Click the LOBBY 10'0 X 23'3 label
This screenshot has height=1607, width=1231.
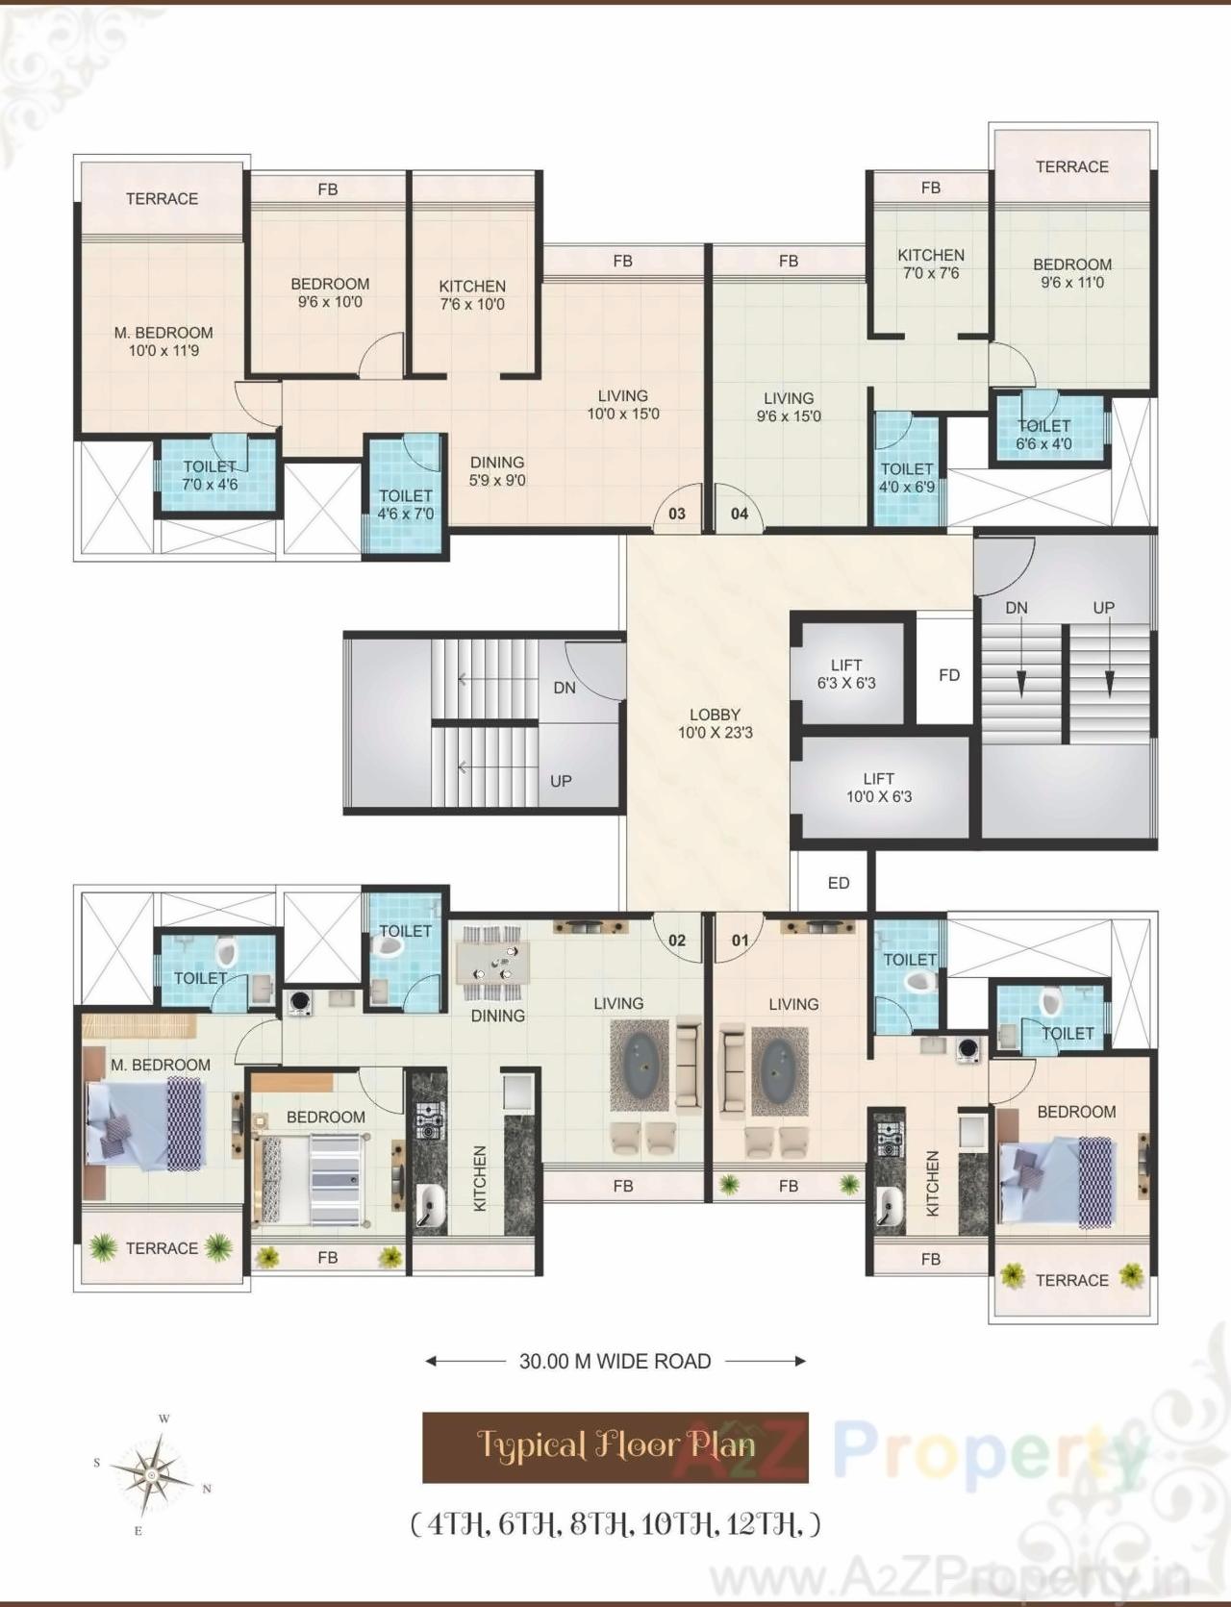click(715, 723)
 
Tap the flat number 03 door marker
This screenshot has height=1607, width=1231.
click(677, 514)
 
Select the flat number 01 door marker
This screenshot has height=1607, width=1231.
click(740, 940)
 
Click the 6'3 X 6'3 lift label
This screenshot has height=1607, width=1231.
click(846, 674)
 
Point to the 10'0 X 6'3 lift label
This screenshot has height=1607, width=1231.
click(879, 788)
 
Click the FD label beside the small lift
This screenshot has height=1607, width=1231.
click(949, 675)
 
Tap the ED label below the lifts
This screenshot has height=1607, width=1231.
click(839, 883)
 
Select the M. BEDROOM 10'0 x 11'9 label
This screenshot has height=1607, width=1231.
click(163, 341)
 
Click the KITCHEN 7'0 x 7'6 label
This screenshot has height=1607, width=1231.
click(931, 264)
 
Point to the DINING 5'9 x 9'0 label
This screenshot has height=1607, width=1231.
click(497, 471)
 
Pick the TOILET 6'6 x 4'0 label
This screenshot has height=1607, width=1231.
click(1044, 435)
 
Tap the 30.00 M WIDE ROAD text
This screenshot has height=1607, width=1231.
click(615, 1361)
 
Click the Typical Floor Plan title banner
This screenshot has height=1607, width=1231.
click(615, 1446)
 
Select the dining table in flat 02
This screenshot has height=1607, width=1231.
click(497, 963)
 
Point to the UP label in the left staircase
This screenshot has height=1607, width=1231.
click(561, 781)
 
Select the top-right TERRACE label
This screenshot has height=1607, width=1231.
click(1072, 166)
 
